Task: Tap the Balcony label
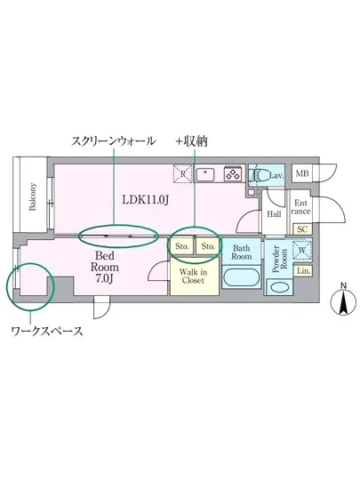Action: click(x=33, y=197)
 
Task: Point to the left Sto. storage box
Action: click(x=181, y=244)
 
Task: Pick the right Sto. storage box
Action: click(x=207, y=244)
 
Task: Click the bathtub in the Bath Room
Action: click(x=240, y=278)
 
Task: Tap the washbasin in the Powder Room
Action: click(x=278, y=287)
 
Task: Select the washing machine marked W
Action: click(x=302, y=250)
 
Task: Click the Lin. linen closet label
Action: click(x=303, y=270)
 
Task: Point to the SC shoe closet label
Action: click(x=302, y=229)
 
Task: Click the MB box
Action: click(x=302, y=172)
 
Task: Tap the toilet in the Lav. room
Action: click(x=257, y=174)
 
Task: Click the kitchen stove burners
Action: click(x=234, y=173)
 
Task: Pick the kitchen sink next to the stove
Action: click(x=206, y=173)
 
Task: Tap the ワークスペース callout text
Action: click(x=46, y=332)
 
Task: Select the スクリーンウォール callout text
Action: click(x=115, y=140)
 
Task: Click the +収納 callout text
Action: click(x=191, y=140)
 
